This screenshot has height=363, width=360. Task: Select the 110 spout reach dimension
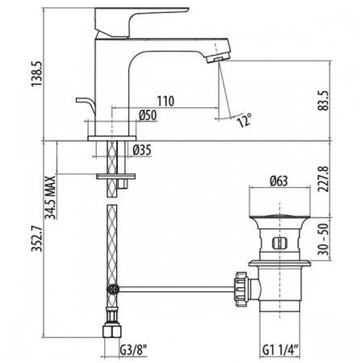(x=166, y=102)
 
